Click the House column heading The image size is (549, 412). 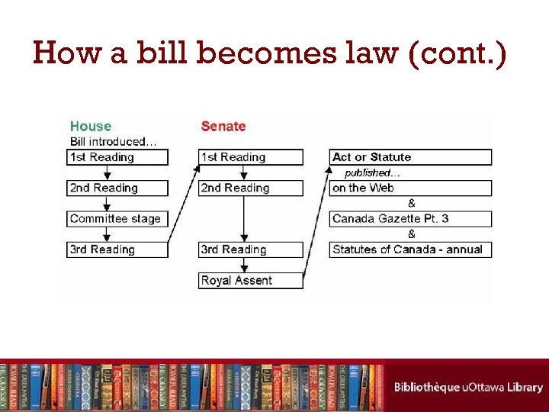coord(91,126)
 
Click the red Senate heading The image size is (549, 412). coord(223,126)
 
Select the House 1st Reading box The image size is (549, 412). coord(117,157)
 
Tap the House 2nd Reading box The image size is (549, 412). coord(117,188)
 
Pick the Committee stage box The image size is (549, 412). coord(117,218)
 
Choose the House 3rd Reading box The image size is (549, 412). coord(117,249)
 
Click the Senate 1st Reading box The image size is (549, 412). coord(251,157)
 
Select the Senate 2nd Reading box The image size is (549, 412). coord(251,188)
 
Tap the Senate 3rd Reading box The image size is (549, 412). coord(251,249)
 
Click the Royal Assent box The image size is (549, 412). coord(251,280)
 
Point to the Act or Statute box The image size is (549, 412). coord(410,157)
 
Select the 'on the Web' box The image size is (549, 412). coord(410,188)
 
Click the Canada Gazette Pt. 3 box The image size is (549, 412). coord(410,218)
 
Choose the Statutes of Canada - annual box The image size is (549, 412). coord(410,249)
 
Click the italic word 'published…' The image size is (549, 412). coord(372,172)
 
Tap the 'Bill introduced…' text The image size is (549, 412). coord(114,141)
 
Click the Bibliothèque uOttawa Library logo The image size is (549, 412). coord(467,387)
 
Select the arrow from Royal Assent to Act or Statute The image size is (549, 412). coord(316,221)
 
